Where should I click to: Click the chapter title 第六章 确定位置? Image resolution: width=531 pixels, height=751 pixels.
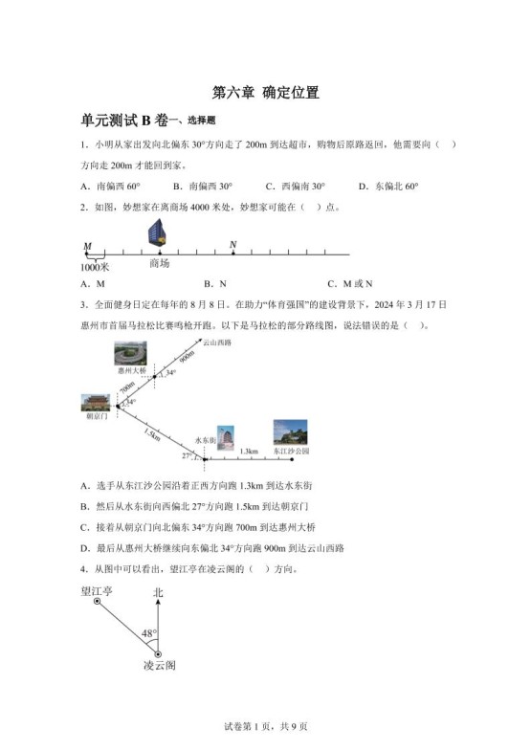tap(265, 93)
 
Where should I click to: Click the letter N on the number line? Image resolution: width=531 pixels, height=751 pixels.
tap(232, 245)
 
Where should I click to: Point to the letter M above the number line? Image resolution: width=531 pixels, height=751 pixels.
tap(87, 246)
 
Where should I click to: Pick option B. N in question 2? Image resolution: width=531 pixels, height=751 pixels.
tap(215, 284)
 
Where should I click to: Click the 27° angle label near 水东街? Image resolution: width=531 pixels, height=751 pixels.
tap(188, 456)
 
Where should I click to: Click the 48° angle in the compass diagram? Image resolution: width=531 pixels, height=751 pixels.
tap(148, 633)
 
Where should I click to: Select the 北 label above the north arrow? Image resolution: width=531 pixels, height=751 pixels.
tap(158, 593)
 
